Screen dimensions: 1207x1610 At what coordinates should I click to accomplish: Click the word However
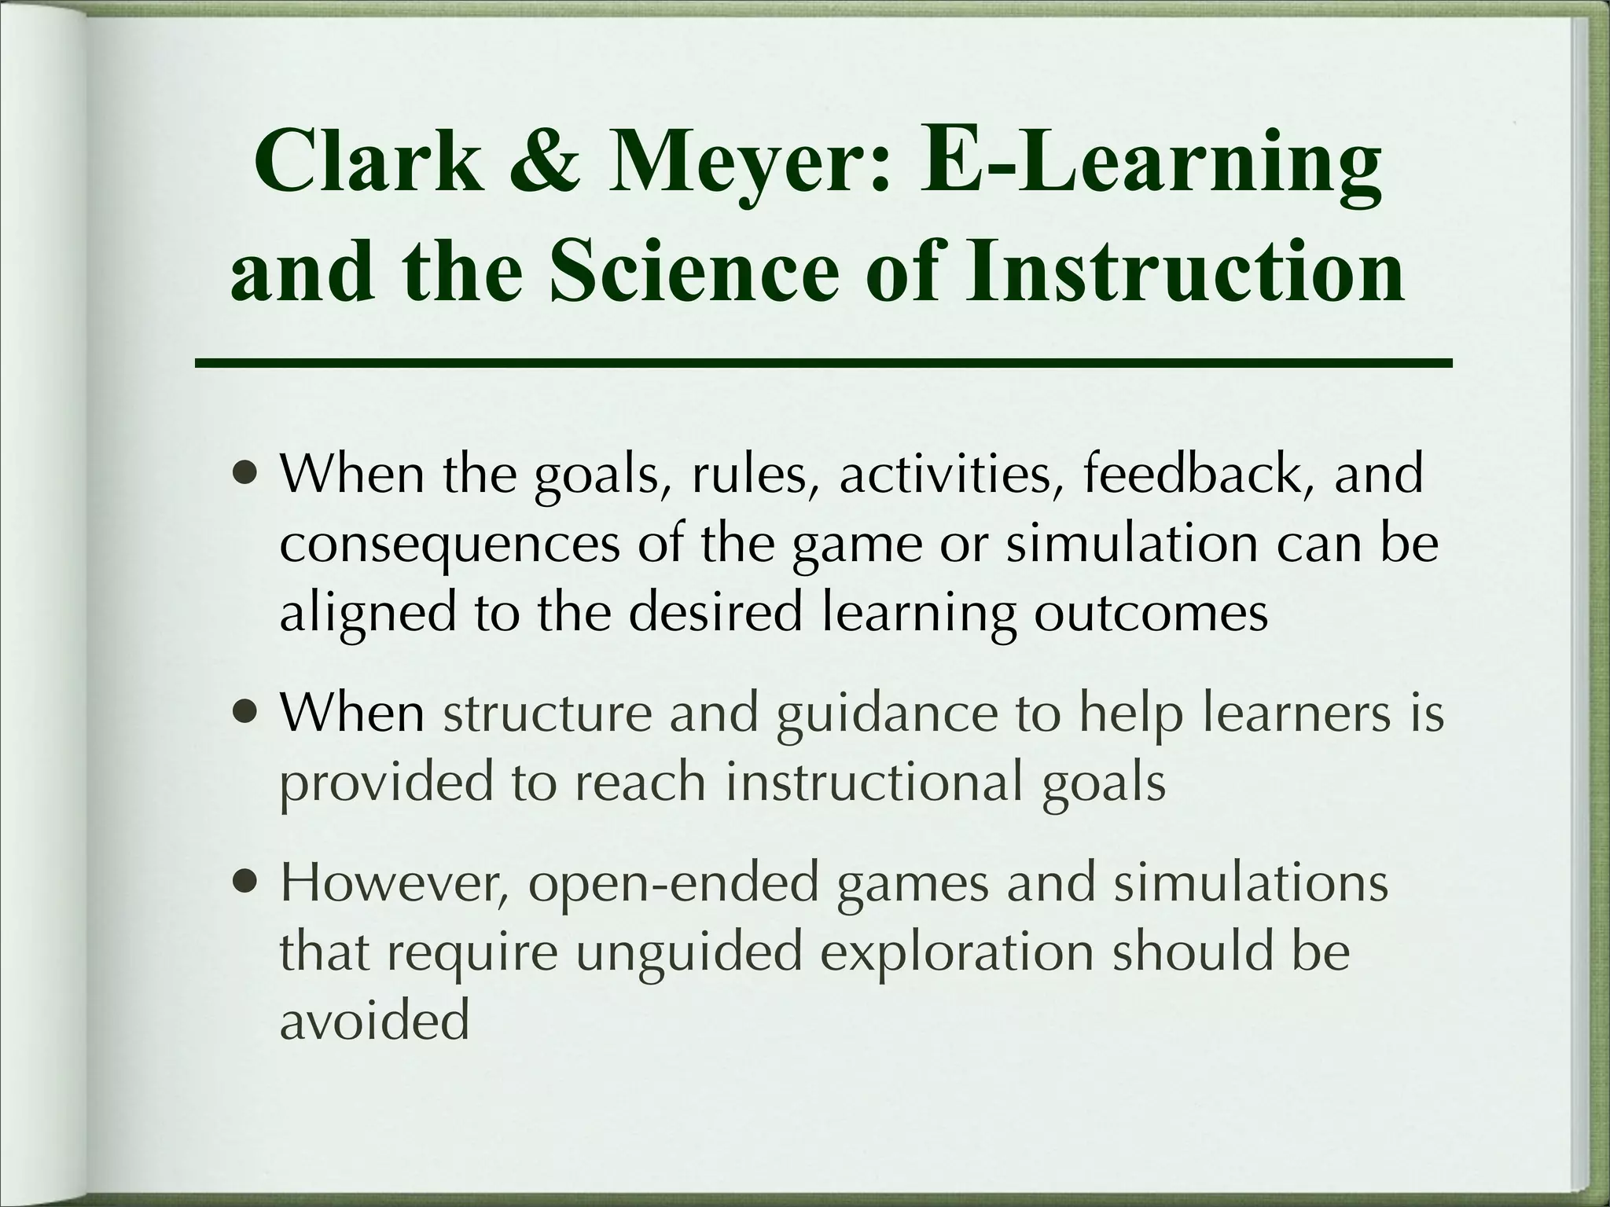(394, 884)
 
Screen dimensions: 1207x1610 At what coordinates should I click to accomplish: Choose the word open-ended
(674, 884)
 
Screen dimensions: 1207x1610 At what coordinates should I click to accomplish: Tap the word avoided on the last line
(374, 1020)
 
